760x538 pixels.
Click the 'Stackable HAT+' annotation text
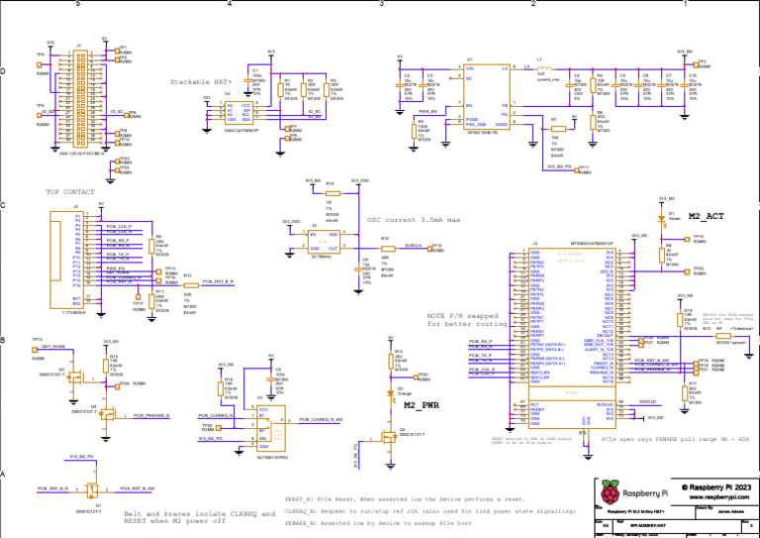click(201, 81)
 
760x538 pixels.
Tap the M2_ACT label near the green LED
click(708, 215)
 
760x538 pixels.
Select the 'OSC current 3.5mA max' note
click(413, 219)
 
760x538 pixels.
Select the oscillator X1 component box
click(322, 244)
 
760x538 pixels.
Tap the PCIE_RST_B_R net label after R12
click(218, 282)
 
